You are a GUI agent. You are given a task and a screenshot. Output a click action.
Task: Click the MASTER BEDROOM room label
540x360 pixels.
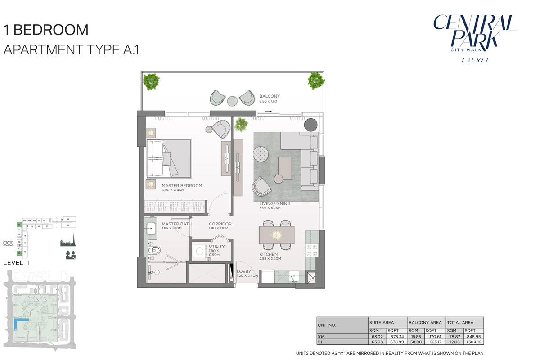click(182, 185)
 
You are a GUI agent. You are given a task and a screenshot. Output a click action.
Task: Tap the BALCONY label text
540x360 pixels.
click(270, 96)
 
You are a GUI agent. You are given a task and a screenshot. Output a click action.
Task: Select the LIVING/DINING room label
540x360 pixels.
click(274, 204)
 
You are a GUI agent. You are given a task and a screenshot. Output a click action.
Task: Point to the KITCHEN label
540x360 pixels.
click(268, 254)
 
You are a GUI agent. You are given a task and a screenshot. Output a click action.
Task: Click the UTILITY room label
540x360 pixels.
click(216, 247)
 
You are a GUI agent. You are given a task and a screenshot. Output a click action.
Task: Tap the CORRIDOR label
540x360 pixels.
click(220, 224)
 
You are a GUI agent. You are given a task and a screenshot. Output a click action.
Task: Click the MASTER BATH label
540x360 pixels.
click(177, 224)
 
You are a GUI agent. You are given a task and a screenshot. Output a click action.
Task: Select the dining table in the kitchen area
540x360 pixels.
click(276, 234)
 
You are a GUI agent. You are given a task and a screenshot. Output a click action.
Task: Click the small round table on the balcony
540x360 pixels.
click(232, 101)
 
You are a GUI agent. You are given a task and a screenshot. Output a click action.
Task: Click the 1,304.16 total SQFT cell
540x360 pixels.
click(474, 341)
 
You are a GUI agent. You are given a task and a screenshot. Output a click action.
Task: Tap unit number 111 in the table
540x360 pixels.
click(320, 341)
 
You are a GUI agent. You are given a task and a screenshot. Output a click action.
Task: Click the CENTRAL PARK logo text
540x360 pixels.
click(474, 31)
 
